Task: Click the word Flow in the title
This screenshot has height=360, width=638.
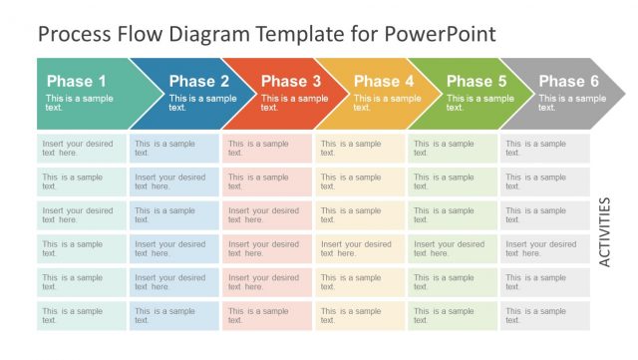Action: [137, 35]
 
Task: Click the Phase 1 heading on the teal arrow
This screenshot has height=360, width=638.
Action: [76, 81]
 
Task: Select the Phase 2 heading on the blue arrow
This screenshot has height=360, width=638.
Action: [198, 81]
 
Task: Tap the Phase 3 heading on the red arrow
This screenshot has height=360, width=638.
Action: [291, 81]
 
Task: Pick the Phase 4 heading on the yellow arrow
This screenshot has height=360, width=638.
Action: [384, 81]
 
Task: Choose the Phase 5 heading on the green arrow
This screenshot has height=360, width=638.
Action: [477, 81]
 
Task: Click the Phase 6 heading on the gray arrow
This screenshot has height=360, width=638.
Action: [569, 81]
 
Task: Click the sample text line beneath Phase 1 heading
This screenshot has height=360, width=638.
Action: [79, 103]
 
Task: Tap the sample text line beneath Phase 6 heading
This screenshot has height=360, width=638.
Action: [572, 103]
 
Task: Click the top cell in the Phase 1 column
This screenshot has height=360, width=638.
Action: [82, 149]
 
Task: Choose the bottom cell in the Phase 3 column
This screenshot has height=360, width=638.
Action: [267, 316]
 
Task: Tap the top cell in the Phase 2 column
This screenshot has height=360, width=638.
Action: [174, 149]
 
